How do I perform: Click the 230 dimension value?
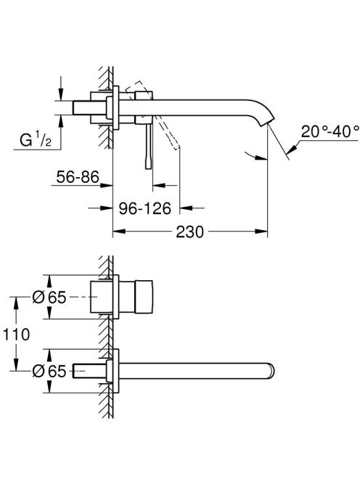click(x=189, y=232)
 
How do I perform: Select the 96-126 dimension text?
click(x=145, y=208)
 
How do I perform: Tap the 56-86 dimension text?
click(x=78, y=177)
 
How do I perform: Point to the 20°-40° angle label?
click(x=330, y=131)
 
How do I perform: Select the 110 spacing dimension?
click(x=16, y=334)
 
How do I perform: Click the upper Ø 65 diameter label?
click(x=49, y=297)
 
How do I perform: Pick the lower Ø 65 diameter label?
click(x=49, y=371)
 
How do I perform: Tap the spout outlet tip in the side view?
click(x=269, y=123)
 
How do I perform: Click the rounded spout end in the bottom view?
click(x=271, y=371)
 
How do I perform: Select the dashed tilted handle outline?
click(x=153, y=115)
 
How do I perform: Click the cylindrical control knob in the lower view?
click(x=144, y=297)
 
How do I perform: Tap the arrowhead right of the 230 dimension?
click(x=261, y=231)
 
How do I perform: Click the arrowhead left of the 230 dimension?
click(x=119, y=231)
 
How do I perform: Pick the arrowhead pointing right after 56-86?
click(x=107, y=185)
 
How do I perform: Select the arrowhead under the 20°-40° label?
click(x=292, y=148)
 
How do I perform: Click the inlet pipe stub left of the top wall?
click(x=82, y=108)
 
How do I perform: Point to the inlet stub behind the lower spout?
click(x=89, y=371)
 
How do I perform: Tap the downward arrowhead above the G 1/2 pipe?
click(x=61, y=94)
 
